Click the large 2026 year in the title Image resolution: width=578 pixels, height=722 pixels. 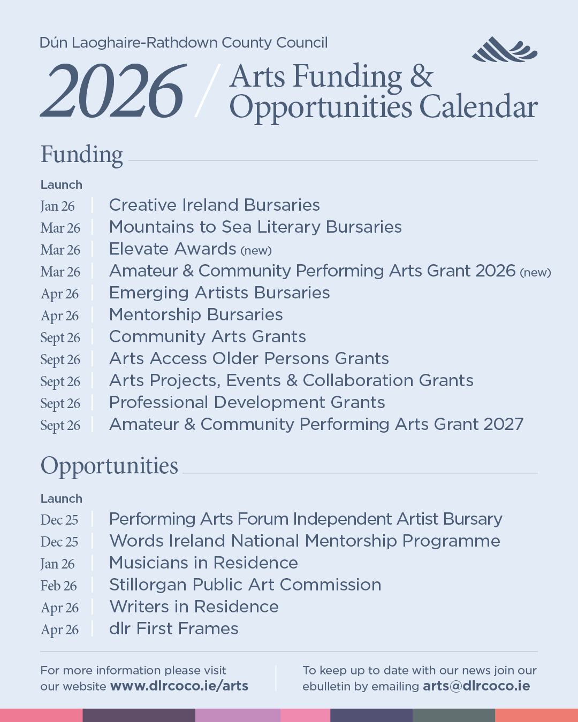pos(114,90)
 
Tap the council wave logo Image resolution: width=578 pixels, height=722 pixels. pos(504,50)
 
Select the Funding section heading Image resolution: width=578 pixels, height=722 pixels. pos(82,155)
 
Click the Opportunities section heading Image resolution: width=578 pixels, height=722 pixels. pos(109,466)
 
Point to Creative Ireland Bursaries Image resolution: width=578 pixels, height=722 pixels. pos(214,205)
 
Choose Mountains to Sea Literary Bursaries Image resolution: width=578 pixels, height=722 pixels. pos(255,227)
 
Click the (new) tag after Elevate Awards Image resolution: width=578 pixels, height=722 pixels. pos(256,250)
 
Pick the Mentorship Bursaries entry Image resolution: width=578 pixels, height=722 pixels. pos(196,314)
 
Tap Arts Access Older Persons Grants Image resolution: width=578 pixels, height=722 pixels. pos(249,358)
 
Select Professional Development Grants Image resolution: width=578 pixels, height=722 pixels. pos(247,402)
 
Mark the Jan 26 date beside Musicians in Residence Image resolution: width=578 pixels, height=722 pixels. pos(58,564)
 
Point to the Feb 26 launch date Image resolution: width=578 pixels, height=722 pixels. pos(59,586)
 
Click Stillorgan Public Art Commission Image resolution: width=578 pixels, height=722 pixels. pos(245,585)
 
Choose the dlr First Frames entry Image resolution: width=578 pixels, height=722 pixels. pos(173,628)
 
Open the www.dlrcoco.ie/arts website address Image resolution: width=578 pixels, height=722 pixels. pos(179,686)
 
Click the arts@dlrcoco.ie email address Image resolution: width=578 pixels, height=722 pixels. pos(476,686)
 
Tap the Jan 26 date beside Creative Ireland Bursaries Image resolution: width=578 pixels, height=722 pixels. pos(58,206)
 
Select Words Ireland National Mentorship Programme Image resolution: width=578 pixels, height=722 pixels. pos(305,541)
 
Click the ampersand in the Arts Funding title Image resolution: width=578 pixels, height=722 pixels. pos(422,76)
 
